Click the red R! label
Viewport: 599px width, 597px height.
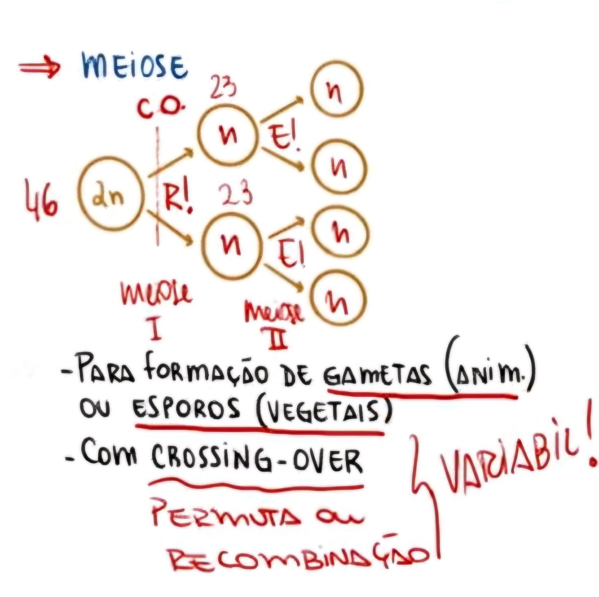[177, 200]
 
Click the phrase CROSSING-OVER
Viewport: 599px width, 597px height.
[256, 460]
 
